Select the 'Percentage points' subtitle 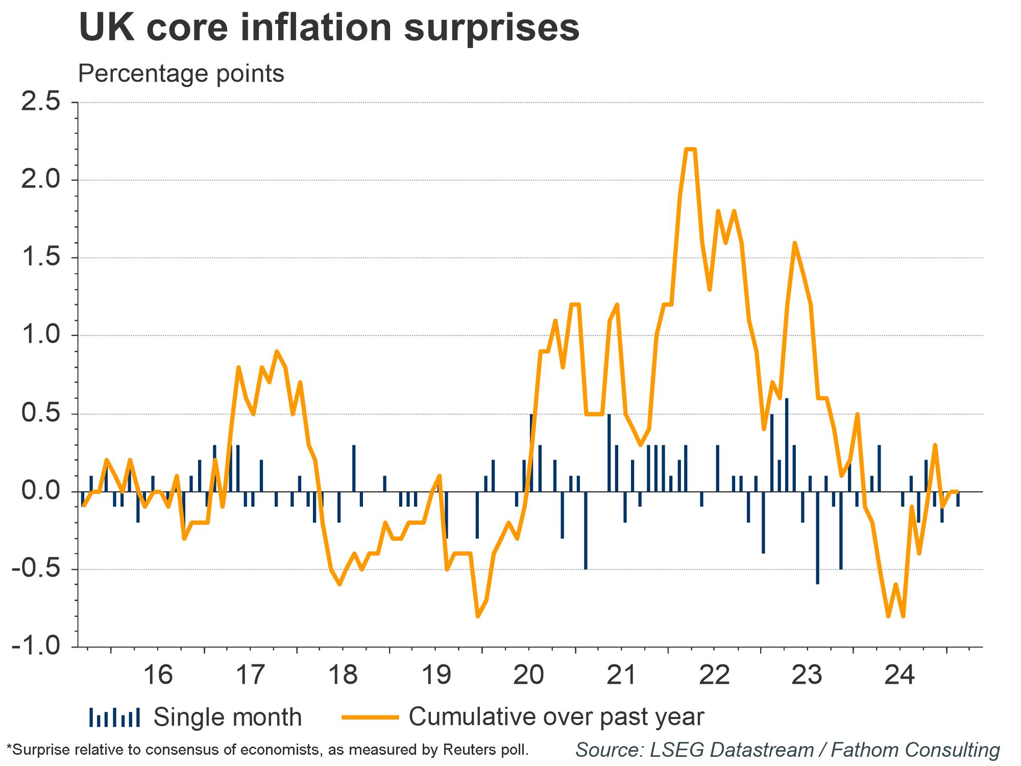pos(181,74)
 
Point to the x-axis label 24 pos(900,675)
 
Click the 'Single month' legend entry pos(227,717)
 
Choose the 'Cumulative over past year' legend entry pos(556,717)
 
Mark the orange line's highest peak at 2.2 pos(690,150)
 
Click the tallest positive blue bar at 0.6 pos(787,444)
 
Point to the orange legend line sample pos(370,717)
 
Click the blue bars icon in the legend pos(114,717)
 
